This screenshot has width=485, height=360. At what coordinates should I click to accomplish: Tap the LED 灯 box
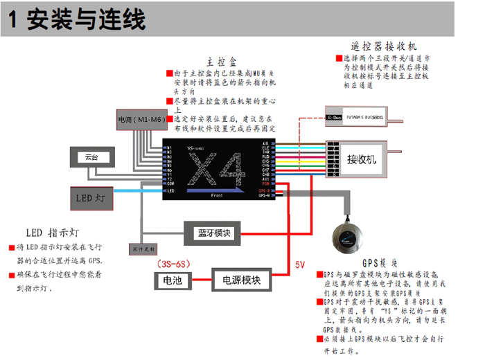pos(90,198)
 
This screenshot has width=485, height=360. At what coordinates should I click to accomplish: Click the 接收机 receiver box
pos(361,159)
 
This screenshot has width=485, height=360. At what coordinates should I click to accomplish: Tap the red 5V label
pos(299,264)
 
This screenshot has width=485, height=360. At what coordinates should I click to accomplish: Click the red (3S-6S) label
pos(172,264)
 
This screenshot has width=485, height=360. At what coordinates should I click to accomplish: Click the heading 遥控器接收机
pos(384,46)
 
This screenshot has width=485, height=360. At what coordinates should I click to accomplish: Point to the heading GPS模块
pos(380,264)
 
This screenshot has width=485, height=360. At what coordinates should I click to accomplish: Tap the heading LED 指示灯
pos(53,232)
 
